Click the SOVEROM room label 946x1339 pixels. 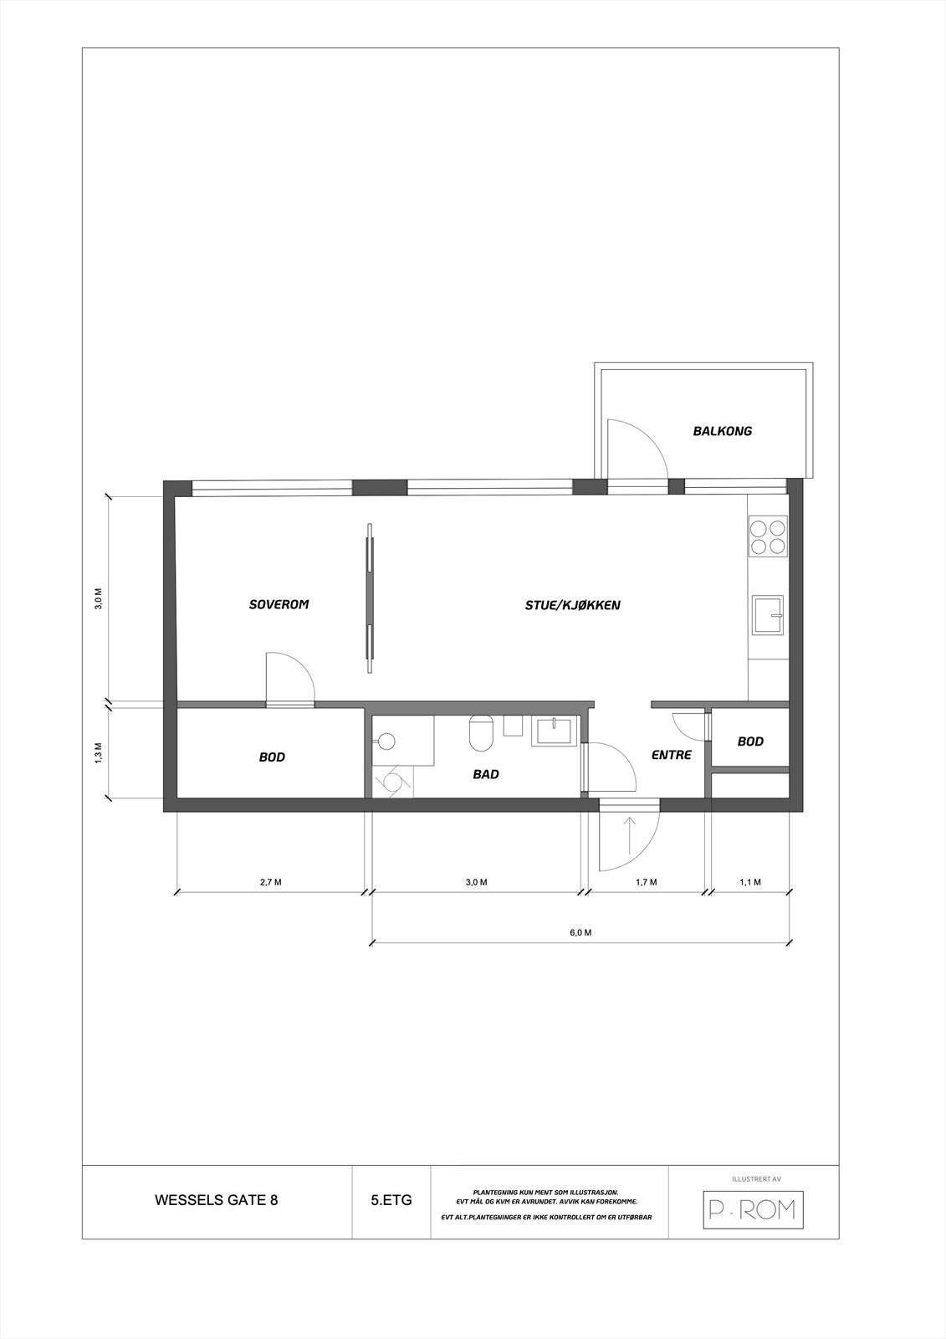[x=279, y=604]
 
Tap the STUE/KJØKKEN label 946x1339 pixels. [x=573, y=604]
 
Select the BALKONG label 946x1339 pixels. [x=723, y=431]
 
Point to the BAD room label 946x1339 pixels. [x=486, y=774]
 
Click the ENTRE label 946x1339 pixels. [x=672, y=755]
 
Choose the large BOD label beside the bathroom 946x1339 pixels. [x=272, y=757]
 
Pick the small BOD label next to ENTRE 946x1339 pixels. [x=750, y=741]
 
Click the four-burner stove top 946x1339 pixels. [x=768, y=537]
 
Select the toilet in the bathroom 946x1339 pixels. [x=481, y=733]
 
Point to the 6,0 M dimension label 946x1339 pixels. [x=581, y=932]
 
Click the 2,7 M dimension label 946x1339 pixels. [x=270, y=882]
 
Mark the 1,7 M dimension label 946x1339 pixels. [x=647, y=882]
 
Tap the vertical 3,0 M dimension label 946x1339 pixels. [x=99, y=599]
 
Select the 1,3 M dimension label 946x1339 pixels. [x=99, y=752]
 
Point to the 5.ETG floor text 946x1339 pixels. [x=391, y=1200]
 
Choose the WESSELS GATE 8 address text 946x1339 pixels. [x=217, y=1200]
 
